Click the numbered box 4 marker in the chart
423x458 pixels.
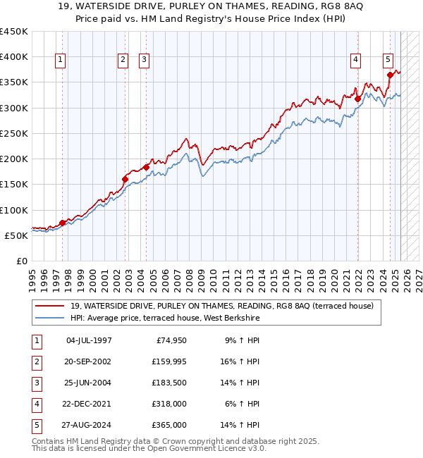(x=356, y=61)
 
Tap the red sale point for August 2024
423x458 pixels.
(x=390, y=75)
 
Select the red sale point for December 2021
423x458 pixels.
(x=357, y=99)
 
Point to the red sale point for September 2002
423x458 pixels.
(x=125, y=179)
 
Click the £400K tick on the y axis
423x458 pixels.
(x=14, y=57)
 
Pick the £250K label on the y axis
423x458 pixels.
(x=14, y=133)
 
